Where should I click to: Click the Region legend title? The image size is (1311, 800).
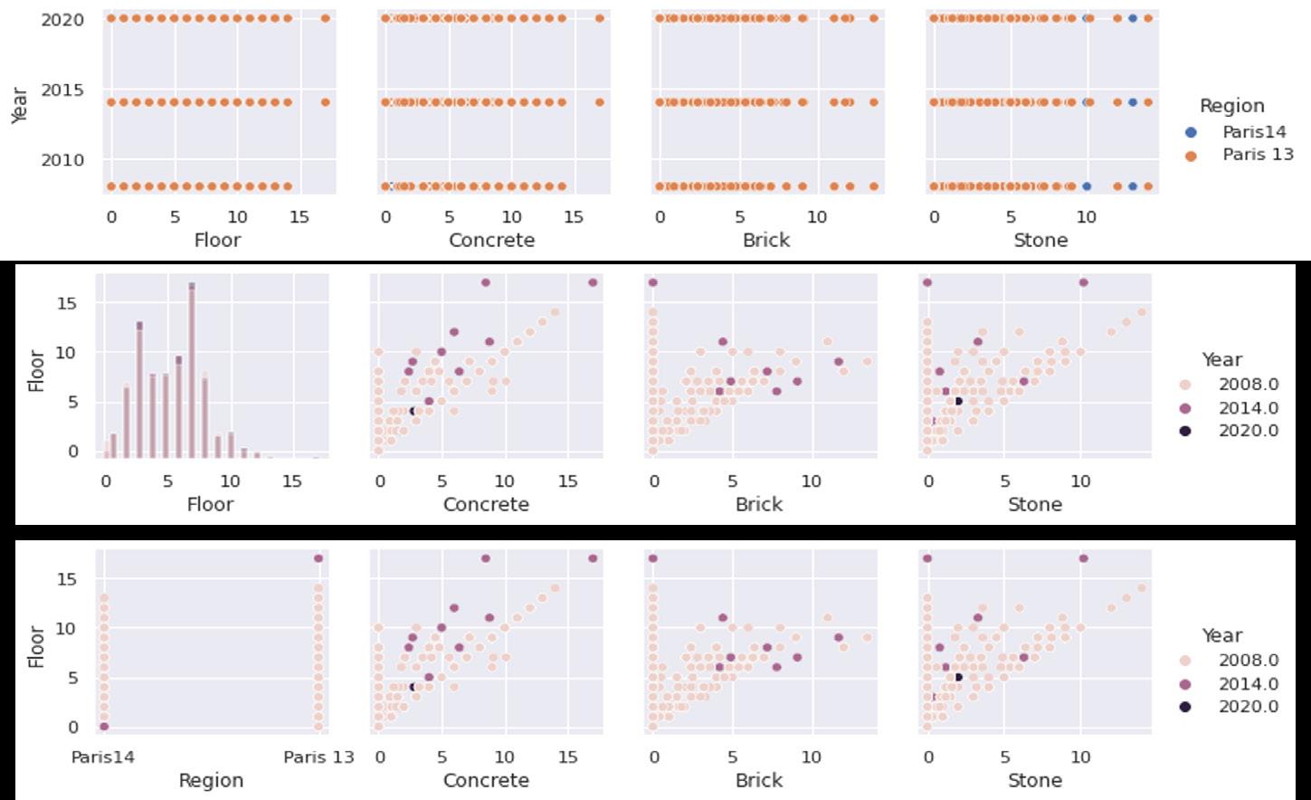coord(1231,106)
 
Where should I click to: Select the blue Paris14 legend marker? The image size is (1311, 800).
coord(1191,132)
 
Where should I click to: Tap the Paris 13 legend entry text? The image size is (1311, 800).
coord(1258,155)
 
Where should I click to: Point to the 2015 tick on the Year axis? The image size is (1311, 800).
coord(62,90)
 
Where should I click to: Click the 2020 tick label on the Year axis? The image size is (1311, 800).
coord(62,20)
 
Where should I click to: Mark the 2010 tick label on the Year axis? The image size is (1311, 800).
coord(62,160)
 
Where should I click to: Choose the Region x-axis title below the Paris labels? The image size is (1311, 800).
coord(211,780)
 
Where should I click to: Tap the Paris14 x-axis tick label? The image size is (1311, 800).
coord(103,757)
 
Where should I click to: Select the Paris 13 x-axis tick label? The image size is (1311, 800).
coord(318,757)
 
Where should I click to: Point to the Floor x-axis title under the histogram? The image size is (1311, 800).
coord(210,504)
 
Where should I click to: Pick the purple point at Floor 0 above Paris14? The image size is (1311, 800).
coord(104,727)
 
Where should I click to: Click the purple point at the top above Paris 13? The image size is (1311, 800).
coord(318,558)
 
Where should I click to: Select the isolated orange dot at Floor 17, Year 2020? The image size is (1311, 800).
coord(326,18)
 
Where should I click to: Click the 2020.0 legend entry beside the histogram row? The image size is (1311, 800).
coord(1248,431)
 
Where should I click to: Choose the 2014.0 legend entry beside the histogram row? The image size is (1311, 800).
coord(1248,408)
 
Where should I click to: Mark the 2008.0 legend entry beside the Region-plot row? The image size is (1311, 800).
coord(1248,661)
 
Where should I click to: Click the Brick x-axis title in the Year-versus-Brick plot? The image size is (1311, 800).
coord(766,240)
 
